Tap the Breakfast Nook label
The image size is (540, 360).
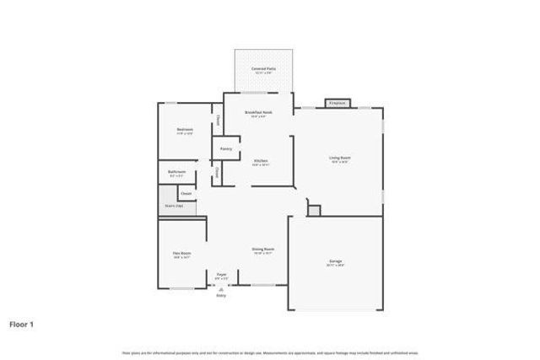click(258, 112)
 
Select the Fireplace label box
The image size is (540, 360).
click(337, 104)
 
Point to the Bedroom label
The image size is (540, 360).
click(185, 129)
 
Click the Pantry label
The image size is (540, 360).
click(226, 148)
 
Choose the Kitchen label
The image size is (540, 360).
click(261, 160)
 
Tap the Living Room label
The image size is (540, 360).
click(340, 158)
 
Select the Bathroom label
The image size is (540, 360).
click(176, 172)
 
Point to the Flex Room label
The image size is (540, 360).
click(182, 254)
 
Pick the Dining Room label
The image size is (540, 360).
click(262, 249)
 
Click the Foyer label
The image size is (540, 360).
click(222, 274)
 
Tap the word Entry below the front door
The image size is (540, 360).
click(221, 295)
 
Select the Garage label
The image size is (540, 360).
click(335, 261)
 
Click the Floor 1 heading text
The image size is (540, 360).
click(21, 323)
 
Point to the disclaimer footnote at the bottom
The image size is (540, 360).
click(270, 352)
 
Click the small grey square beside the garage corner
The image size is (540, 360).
click(314, 209)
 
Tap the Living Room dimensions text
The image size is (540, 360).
click(340, 163)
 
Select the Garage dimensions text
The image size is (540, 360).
click(335, 266)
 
